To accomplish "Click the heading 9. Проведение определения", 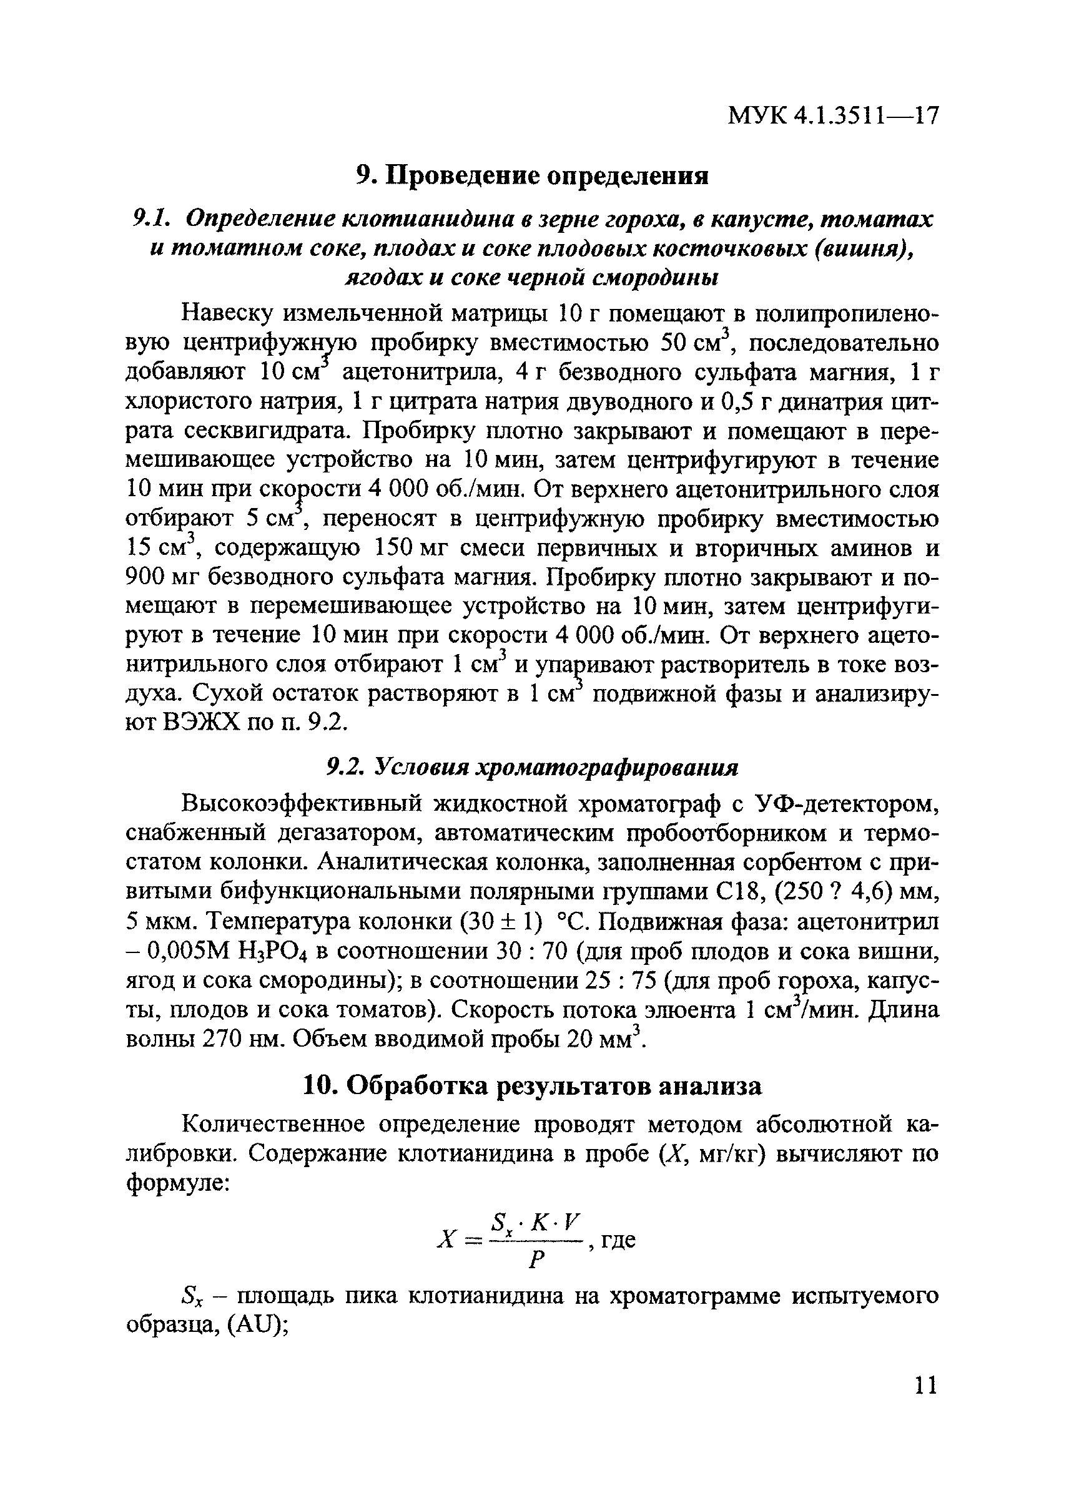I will pos(532,176).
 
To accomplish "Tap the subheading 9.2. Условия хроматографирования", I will pos(533,767).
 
